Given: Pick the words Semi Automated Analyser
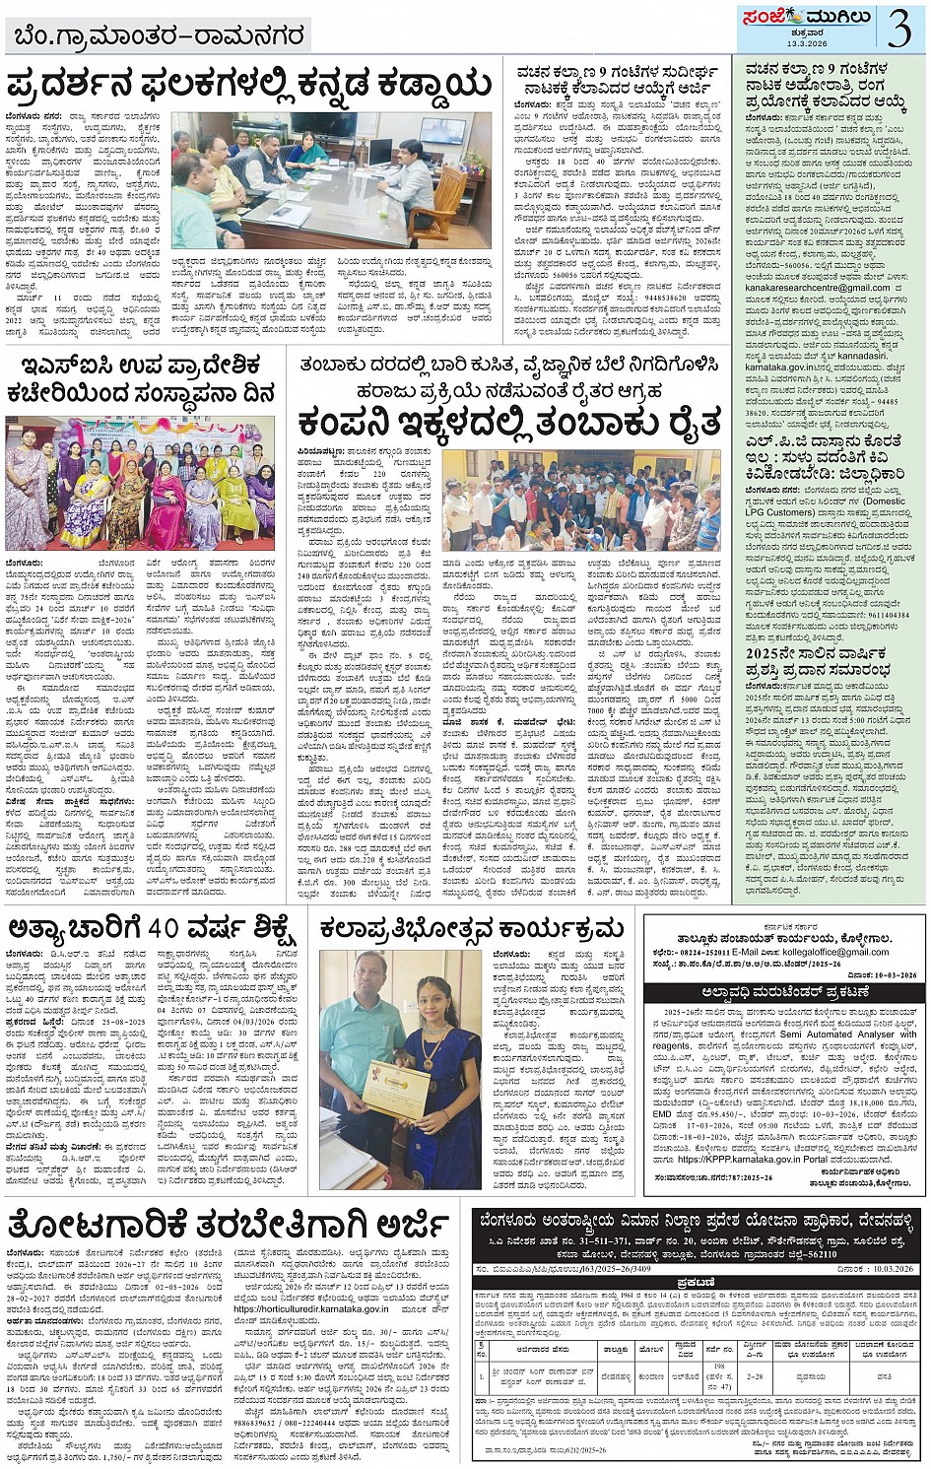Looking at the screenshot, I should pyautogui.click(x=836, y=1034).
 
